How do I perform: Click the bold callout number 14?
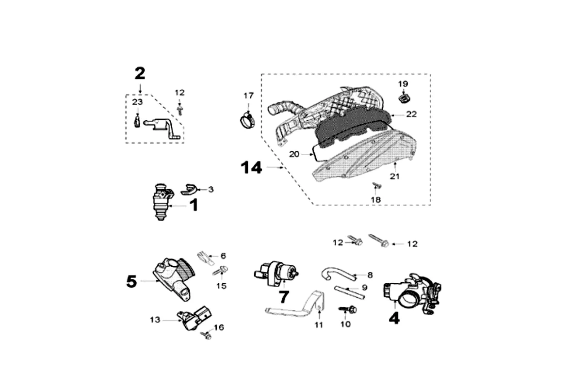pyautogui.click(x=252, y=168)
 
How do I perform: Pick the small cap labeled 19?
pyautogui.click(x=404, y=98)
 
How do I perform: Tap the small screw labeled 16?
pyautogui.click(x=207, y=335)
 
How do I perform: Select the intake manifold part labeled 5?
pyautogui.click(x=172, y=280)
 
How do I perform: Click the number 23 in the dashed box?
pyautogui.click(x=137, y=102)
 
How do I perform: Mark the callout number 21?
pyautogui.click(x=395, y=177)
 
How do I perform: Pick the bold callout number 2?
pyautogui.click(x=140, y=73)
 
